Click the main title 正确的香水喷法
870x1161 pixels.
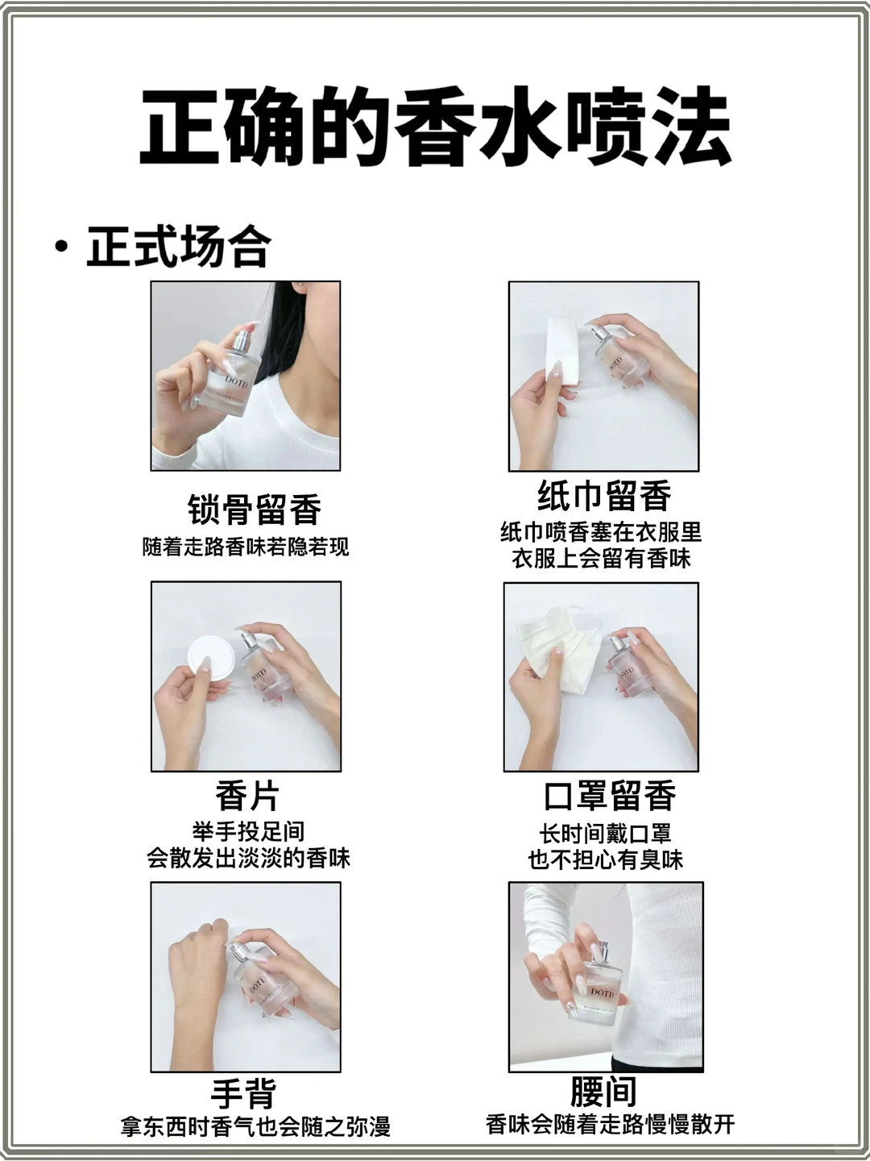click(x=435, y=127)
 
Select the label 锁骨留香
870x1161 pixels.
click(x=255, y=510)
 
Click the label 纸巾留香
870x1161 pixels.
click(x=604, y=496)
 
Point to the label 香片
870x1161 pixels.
click(x=246, y=797)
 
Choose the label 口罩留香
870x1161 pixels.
click(x=610, y=796)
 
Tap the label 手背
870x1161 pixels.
click(x=244, y=1094)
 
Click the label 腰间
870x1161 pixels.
click(x=603, y=1092)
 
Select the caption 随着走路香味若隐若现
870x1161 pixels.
click(x=246, y=547)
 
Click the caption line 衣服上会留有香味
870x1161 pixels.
click(x=602, y=559)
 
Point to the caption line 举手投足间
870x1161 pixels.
click(x=248, y=831)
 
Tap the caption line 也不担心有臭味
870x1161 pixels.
click(x=606, y=859)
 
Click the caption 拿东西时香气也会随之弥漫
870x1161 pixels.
click(x=255, y=1127)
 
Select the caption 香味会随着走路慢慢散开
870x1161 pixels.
click(x=610, y=1124)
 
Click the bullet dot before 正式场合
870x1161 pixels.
click(x=60, y=246)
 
